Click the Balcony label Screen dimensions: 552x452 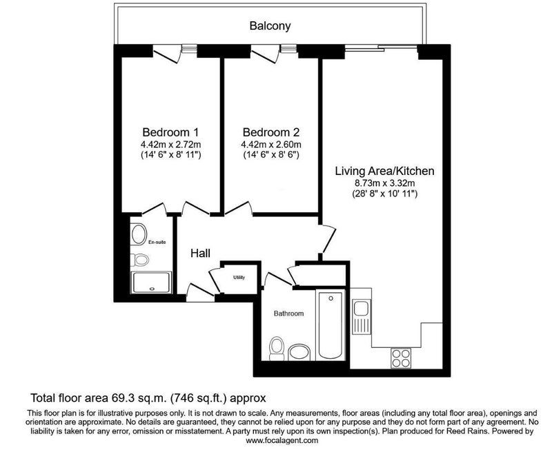click(270, 26)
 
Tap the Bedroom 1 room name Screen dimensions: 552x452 click(170, 132)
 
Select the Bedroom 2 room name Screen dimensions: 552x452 click(271, 132)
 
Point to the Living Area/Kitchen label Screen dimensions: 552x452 click(384, 171)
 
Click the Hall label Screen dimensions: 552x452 click(200, 253)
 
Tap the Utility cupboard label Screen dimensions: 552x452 click(239, 278)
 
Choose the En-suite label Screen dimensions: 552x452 click(157, 242)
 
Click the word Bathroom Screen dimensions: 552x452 click(288, 314)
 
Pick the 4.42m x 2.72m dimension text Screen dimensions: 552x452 click(170, 145)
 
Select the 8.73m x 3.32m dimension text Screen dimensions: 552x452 click(385, 183)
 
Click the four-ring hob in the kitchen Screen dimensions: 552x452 click(401, 358)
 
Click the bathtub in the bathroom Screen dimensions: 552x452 click(331, 325)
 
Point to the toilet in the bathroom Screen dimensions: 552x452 click(277, 349)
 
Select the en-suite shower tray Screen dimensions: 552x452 click(151, 282)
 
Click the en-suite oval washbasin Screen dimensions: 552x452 click(139, 234)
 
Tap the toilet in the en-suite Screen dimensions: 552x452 click(140, 260)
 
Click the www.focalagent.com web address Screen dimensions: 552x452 click(282, 440)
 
